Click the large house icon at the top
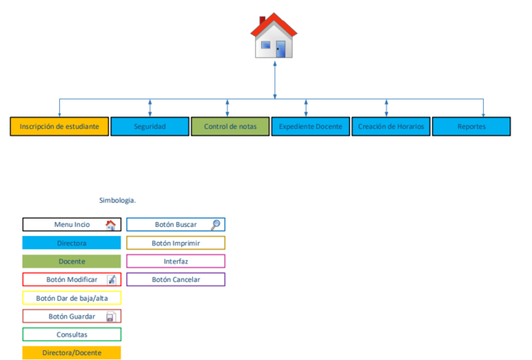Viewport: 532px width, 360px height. [274, 37]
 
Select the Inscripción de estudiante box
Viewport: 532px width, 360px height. [60, 126]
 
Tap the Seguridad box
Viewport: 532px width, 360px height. [150, 126]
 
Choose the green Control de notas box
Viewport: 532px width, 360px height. [230, 126]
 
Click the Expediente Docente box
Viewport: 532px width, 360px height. [310, 126]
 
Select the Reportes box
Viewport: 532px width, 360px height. [471, 126]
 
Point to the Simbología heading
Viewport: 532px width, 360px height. [117, 200]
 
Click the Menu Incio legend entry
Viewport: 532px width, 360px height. [71, 224]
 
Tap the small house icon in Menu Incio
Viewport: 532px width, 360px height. [111, 224]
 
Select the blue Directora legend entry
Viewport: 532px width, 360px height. [71, 243]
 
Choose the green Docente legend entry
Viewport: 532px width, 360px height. [71, 261]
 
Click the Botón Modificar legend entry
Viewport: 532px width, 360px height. [71, 279]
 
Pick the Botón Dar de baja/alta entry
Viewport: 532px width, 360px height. [71, 298]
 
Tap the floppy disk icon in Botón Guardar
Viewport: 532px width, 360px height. [111, 317]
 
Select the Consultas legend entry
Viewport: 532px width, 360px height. [71, 334]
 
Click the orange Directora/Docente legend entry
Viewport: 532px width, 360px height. [71, 353]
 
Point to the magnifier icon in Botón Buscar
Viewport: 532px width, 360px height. [215, 224]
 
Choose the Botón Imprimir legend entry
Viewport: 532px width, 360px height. [175, 243]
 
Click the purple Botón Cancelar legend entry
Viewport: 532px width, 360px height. [175, 279]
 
